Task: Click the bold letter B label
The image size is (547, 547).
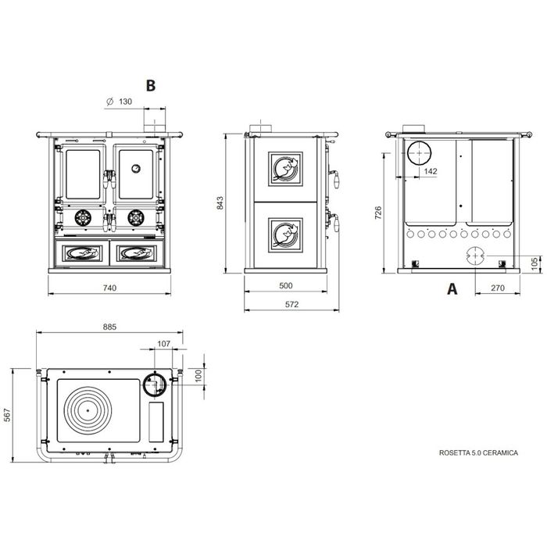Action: click(x=151, y=85)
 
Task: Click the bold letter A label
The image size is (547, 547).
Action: click(x=452, y=289)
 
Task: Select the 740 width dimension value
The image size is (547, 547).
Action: click(x=109, y=288)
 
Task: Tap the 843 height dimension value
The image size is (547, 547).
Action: click(x=220, y=203)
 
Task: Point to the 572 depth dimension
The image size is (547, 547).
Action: click(x=291, y=304)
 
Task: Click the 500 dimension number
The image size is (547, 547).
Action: click(x=286, y=286)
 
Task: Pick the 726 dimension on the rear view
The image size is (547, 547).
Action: click(x=378, y=213)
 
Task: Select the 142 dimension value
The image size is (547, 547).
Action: click(x=431, y=171)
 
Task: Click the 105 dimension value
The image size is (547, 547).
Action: click(x=534, y=264)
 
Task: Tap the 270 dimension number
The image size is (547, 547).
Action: click(x=498, y=288)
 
